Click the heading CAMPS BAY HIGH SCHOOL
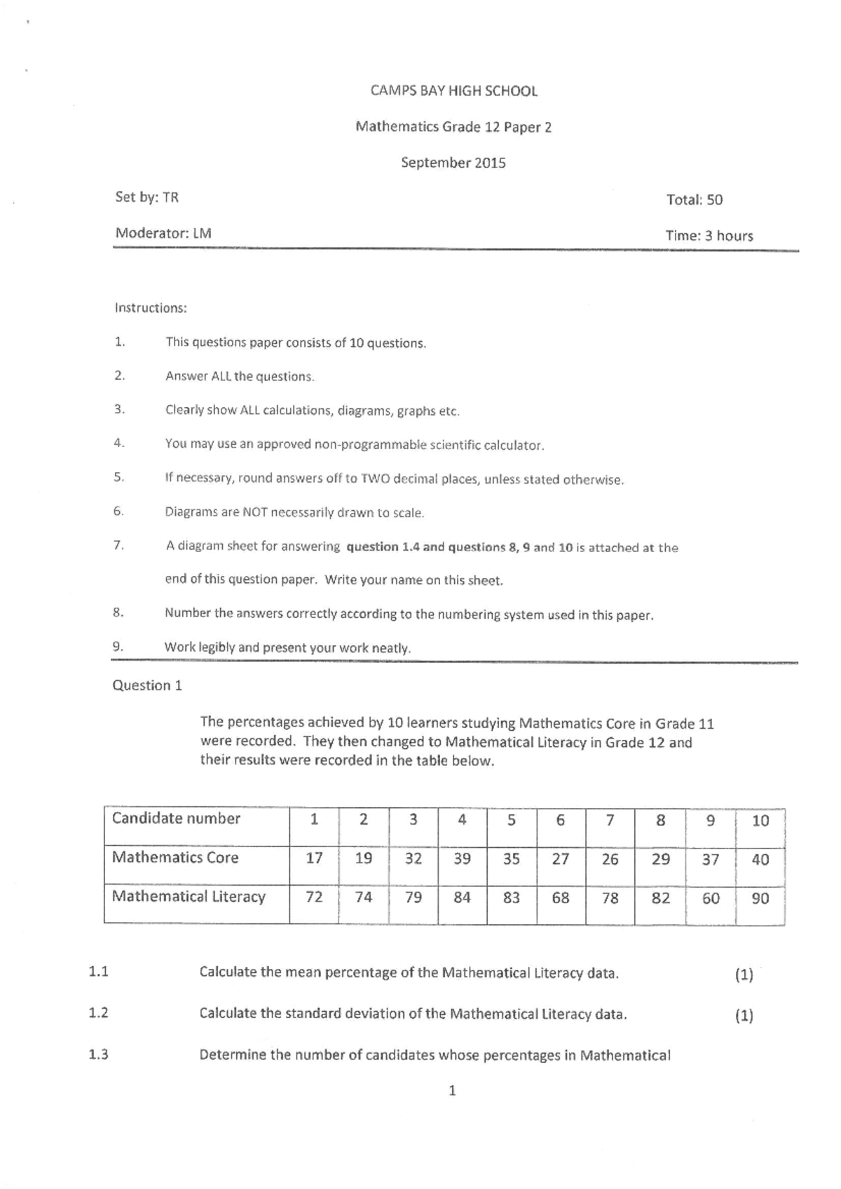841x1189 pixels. (x=453, y=91)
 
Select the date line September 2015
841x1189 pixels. (x=453, y=163)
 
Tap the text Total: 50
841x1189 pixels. (x=694, y=200)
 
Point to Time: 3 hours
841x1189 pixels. (x=709, y=236)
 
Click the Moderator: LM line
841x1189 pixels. (x=163, y=233)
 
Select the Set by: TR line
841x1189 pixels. (x=146, y=198)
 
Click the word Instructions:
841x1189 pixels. (x=151, y=308)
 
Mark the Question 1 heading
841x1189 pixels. (x=147, y=686)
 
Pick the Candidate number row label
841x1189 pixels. (x=176, y=819)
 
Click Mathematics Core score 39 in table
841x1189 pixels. (x=462, y=859)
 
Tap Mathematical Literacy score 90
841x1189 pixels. (x=760, y=898)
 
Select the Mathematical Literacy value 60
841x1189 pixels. (x=710, y=898)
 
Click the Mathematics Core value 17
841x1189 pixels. (x=314, y=858)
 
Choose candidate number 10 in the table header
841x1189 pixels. (x=760, y=820)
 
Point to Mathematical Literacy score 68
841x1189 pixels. (x=560, y=898)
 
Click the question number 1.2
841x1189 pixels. (x=98, y=1013)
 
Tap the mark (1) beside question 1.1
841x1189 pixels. (x=744, y=975)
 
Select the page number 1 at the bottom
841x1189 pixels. (x=452, y=1091)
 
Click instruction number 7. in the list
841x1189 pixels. (x=118, y=545)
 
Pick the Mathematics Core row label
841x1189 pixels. (x=175, y=858)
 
